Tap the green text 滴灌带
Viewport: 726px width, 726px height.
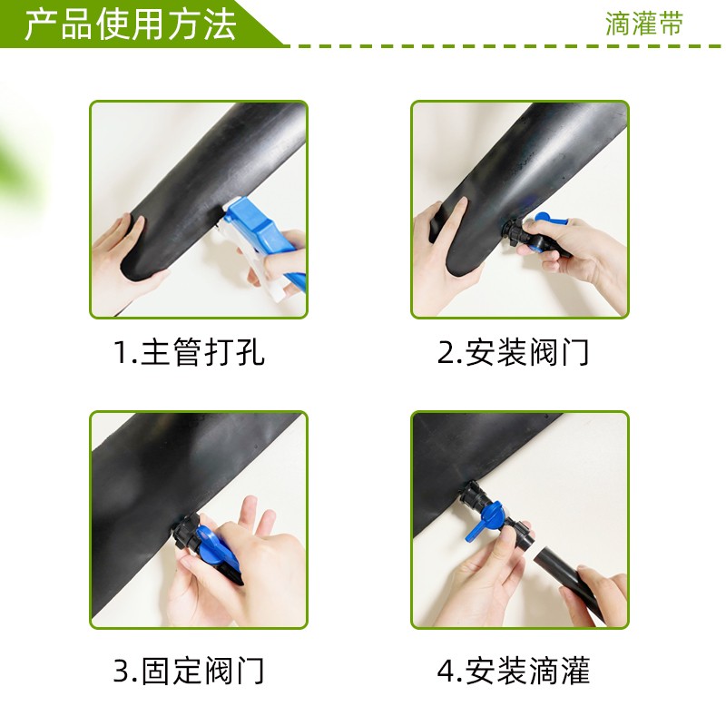click(x=643, y=25)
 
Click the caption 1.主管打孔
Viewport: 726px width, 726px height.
click(x=189, y=351)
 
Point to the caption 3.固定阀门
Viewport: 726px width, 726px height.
click(x=189, y=672)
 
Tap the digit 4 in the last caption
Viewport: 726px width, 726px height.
click(x=446, y=672)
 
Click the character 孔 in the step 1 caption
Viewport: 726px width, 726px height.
click(x=250, y=351)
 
